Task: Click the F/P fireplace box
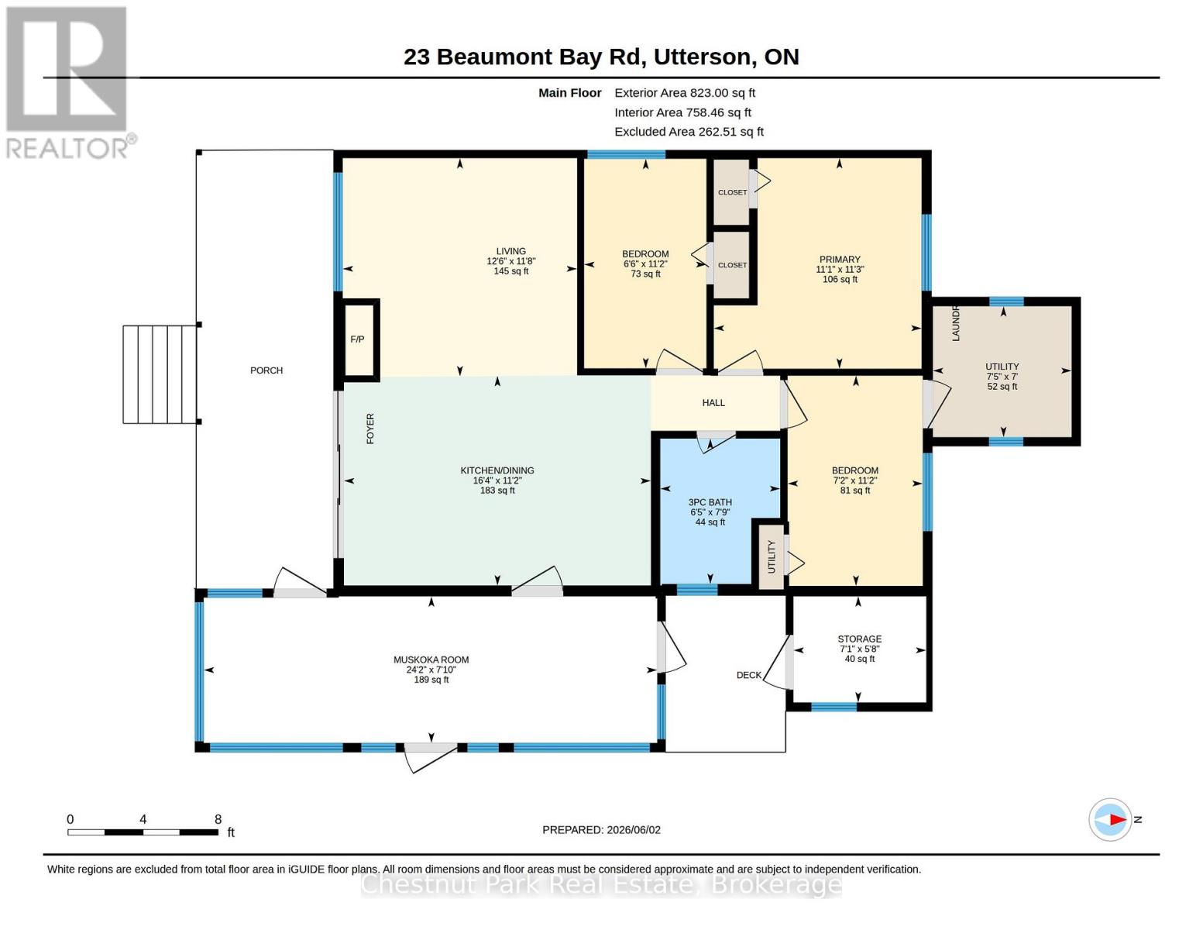[x=357, y=339]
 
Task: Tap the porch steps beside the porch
[x=160, y=374]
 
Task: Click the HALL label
[x=713, y=403]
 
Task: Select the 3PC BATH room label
[x=710, y=502]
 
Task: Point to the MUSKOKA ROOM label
[x=431, y=660]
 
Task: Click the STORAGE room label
[x=859, y=639]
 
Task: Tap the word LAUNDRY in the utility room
[x=956, y=323]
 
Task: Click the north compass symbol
[x=1110, y=820]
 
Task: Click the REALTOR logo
[x=69, y=83]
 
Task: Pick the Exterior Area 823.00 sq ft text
[x=684, y=93]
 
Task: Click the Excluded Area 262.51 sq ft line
[x=689, y=132]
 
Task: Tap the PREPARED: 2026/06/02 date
[x=601, y=830]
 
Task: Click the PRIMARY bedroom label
[x=839, y=259]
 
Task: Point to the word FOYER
[x=370, y=428]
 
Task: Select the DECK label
[x=748, y=675]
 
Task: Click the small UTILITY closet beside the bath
[x=772, y=556]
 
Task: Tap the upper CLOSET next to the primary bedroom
[x=732, y=192]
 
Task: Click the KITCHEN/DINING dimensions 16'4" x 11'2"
[x=497, y=480]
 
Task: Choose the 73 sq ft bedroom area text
[x=645, y=274]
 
